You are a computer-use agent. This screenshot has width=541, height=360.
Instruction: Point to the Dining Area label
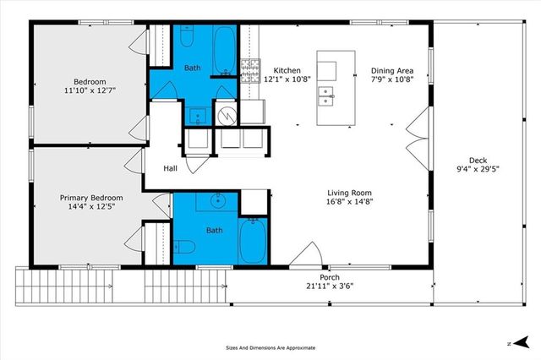[392, 71]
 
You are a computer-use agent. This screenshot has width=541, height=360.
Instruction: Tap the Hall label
[171, 169]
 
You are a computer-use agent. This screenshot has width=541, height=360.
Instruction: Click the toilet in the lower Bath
[186, 246]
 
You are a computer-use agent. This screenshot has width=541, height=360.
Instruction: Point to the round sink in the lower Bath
[218, 201]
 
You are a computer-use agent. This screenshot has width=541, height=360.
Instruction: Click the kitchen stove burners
[250, 70]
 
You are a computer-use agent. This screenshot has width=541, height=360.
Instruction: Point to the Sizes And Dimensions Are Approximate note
[270, 347]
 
